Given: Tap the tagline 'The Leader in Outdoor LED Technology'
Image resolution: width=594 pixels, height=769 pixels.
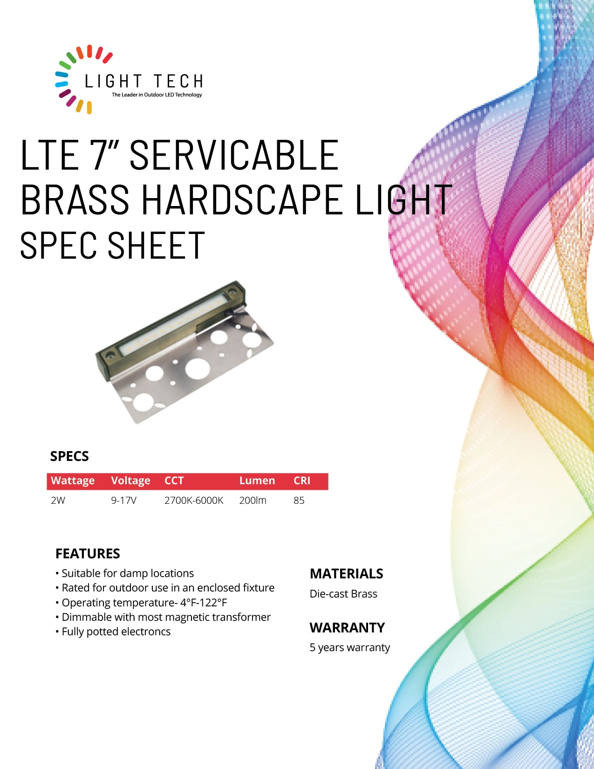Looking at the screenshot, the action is (157, 95).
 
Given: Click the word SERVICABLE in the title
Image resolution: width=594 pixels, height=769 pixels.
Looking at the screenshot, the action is (234, 155).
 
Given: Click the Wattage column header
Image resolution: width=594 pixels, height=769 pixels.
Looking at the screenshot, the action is (73, 481).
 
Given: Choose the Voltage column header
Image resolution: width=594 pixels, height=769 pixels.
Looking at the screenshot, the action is (130, 481).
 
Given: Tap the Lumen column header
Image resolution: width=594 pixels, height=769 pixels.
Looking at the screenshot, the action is (257, 481).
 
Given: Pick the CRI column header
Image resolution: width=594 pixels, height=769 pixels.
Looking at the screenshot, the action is (301, 481).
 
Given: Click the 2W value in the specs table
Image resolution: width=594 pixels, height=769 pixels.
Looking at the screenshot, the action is (58, 501).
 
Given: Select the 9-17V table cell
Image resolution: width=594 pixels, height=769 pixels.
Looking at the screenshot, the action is (123, 501).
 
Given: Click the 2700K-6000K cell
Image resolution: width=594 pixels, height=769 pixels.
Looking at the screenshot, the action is (194, 501).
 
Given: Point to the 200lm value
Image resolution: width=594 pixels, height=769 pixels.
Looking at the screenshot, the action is (253, 501).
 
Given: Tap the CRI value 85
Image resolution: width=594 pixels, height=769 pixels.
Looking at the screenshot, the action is (299, 501).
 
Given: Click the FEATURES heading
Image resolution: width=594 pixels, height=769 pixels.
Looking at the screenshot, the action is (88, 554).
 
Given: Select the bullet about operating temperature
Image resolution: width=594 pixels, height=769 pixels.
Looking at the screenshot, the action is (141, 602).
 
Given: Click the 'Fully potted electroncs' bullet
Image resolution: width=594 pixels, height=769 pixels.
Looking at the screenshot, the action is (113, 632).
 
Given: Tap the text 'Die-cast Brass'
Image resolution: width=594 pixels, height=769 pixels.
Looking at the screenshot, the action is (343, 593).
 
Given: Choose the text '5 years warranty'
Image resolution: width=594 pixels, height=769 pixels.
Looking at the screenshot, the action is (349, 647).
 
